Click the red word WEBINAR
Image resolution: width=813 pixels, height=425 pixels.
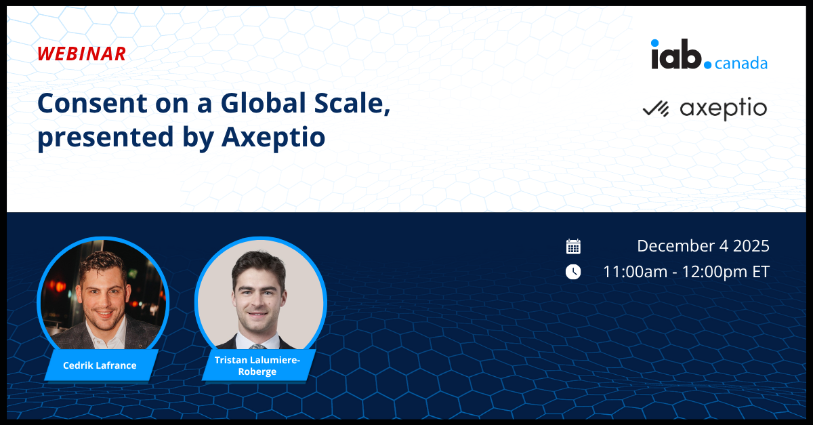(x=81, y=54)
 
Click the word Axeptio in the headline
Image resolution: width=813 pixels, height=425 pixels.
(x=273, y=137)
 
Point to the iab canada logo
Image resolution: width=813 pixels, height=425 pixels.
(x=709, y=56)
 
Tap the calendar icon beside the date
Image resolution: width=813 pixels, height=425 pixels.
(x=573, y=247)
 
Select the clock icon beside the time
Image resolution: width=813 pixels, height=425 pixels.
(x=573, y=272)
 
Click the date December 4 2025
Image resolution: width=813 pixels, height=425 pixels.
(x=703, y=246)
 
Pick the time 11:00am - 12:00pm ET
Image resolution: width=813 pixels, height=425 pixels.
(x=686, y=272)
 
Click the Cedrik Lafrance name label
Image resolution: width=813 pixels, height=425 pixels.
(x=100, y=365)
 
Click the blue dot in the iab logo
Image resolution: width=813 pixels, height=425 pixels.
(x=708, y=66)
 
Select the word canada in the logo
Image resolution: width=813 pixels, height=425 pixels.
(x=741, y=64)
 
